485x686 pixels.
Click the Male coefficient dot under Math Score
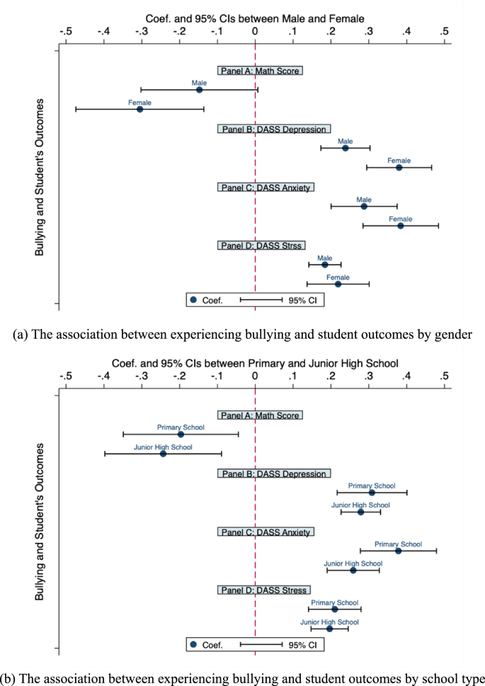pos(199,90)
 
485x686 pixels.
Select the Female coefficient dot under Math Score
pos(139,109)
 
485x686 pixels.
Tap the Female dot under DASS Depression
pos(399,167)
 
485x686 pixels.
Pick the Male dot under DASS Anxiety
pos(364,206)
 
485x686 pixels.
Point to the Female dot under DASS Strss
pos(338,284)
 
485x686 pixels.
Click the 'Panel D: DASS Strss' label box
pos(261,245)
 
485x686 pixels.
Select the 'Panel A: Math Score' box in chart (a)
pos(260,71)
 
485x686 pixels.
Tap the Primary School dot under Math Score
pos(181,434)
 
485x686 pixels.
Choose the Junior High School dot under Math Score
pos(163,454)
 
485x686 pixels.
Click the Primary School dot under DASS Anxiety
pos(398,551)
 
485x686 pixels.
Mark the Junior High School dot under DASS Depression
pos(360,512)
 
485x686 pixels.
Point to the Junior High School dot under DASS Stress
pos(329,629)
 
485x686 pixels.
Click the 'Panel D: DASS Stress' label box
pos(263,590)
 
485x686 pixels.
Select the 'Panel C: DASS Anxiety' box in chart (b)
pos(266,532)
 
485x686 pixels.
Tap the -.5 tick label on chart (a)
pos(66,30)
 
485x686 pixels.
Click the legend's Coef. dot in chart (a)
pos(193,300)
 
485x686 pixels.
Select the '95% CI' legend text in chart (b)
pos(302,645)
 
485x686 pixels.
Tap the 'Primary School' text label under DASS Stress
pos(335,602)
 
